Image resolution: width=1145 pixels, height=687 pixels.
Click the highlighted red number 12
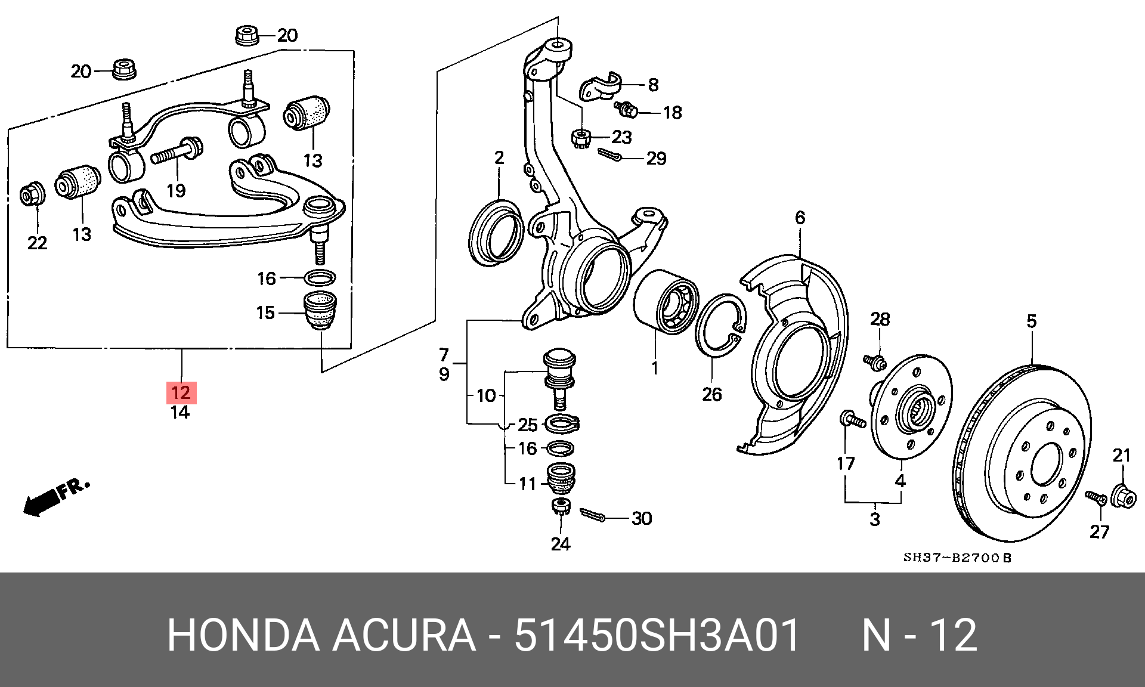[x=181, y=392]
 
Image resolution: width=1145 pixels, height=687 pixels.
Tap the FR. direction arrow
[x=56, y=496]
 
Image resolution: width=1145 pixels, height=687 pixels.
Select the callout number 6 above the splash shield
[x=800, y=218]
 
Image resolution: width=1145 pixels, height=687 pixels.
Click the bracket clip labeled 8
[x=601, y=87]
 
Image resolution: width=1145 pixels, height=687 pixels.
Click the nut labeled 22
[x=32, y=194]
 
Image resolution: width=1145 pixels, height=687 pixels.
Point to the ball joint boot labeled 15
[x=321, y=311]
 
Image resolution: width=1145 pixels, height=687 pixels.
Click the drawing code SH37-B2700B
[x=958, y=558]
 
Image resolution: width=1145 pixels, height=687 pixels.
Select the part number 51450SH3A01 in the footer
[x=657, y=636]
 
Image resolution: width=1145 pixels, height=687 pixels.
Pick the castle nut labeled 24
[x=561, y=507]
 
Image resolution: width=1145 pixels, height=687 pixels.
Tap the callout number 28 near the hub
[x=880, y=320]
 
